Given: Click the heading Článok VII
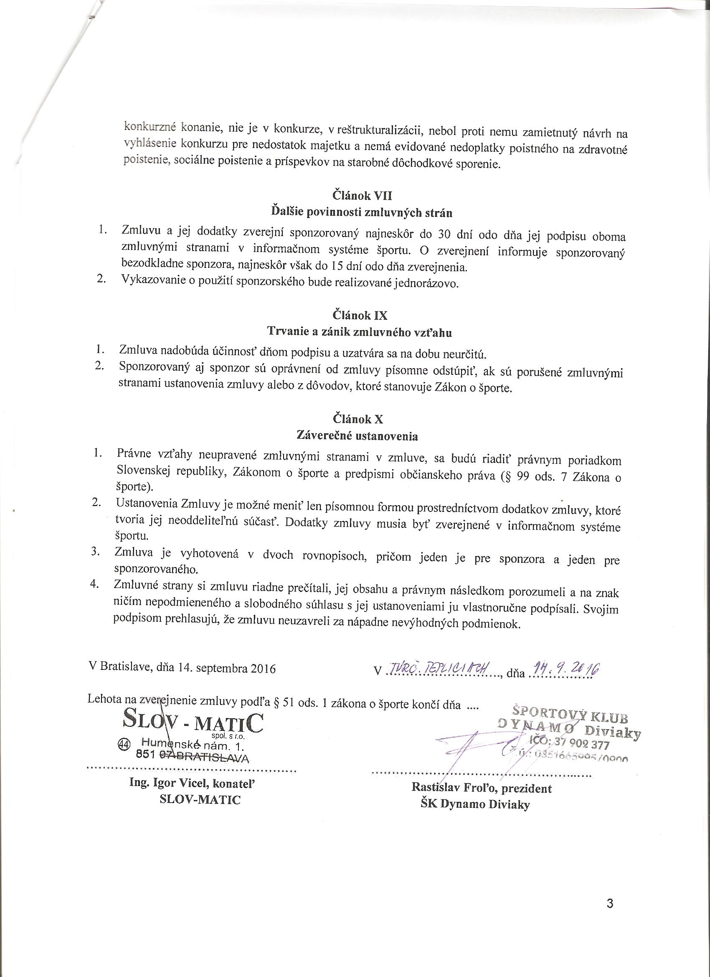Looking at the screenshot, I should [x=362, y=196].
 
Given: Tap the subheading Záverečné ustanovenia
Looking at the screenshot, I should [x=358, y=436].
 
